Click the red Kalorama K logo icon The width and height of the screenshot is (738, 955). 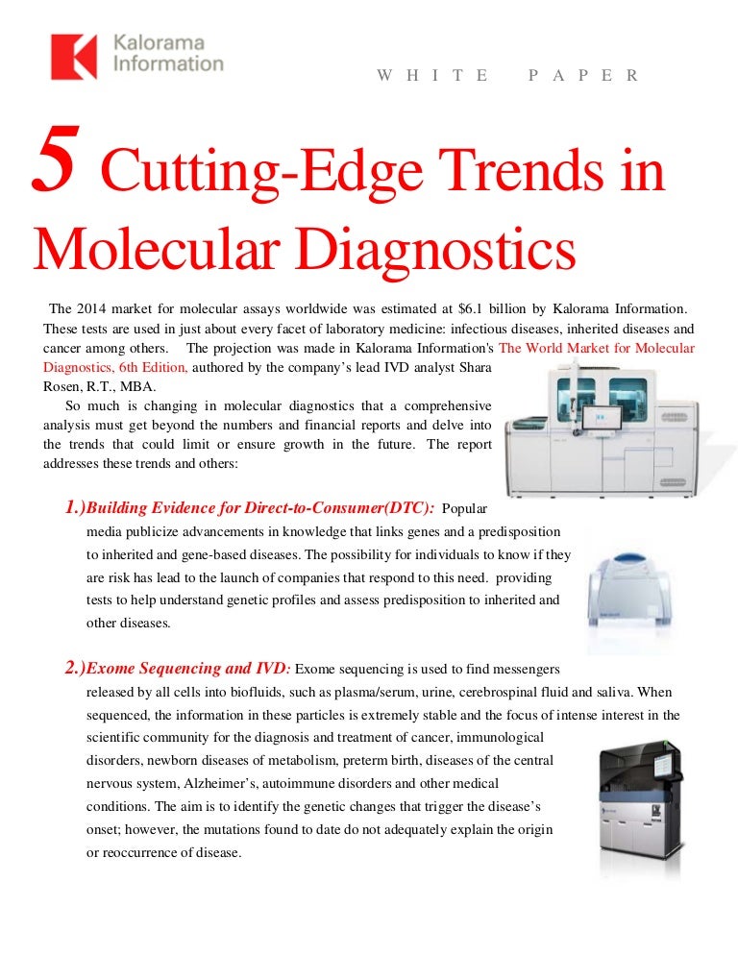74,56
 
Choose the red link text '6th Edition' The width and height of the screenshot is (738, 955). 154,367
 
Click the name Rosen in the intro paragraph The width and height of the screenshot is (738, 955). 64,386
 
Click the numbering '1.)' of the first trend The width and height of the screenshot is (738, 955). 76,506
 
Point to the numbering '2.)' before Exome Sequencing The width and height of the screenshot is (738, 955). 76,669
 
